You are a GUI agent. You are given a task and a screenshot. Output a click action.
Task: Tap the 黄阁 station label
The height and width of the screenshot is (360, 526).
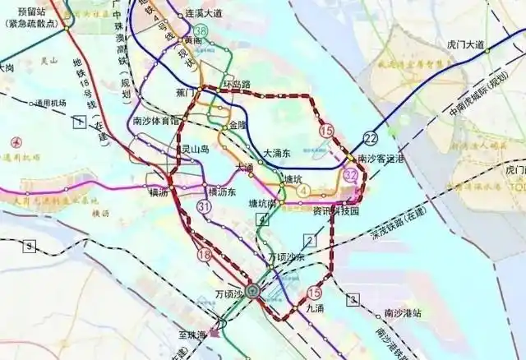[194, 39]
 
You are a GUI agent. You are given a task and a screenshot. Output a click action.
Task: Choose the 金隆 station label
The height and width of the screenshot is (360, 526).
[238, 125]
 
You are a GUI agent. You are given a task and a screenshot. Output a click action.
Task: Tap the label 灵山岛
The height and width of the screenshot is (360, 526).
[195, 150]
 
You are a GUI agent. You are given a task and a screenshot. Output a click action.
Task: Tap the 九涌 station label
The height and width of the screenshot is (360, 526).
[315, 308]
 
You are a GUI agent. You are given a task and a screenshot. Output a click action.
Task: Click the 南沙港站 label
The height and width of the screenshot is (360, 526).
[403, 313]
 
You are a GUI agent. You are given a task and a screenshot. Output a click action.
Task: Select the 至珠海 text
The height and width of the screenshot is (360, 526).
[190, 335]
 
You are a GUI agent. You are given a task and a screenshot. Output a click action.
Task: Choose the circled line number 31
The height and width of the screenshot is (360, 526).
[205, 209]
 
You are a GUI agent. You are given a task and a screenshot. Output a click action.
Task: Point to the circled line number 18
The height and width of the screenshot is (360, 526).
[204, 256]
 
